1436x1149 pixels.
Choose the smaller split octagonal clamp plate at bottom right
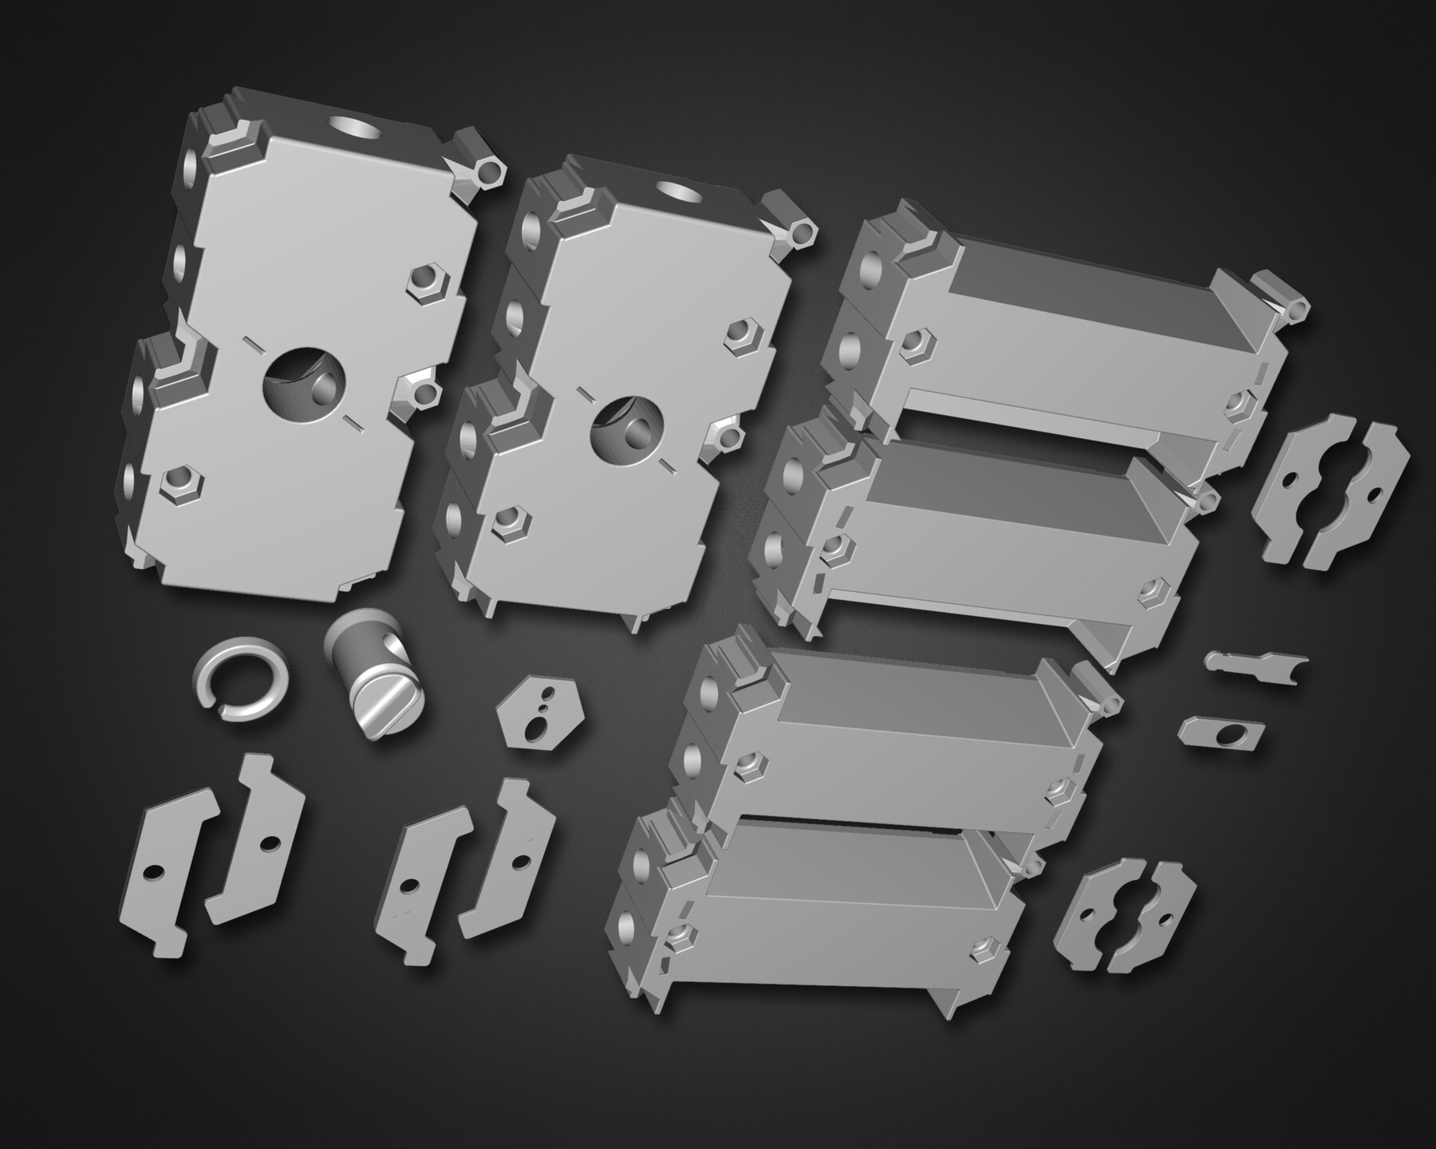(x=1126, y=915)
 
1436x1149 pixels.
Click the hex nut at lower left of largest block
(x=181, y=485)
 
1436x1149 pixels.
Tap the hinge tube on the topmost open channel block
(x=1286, y=304)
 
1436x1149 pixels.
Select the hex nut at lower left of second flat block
(x=504, y=521)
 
